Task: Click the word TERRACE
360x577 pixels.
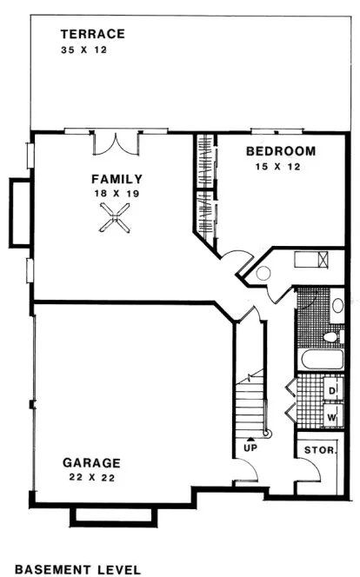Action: [x=93, y=35]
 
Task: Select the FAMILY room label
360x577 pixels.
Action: [x=117, y=179]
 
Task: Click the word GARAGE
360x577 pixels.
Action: [x=91, y=462]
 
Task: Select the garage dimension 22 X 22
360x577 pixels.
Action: [x=90, y=477]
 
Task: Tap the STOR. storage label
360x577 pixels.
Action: [x=314, y=451]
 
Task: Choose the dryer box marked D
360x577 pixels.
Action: [x=332, y=391]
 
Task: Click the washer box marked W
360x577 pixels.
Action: [x=332, y=417]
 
